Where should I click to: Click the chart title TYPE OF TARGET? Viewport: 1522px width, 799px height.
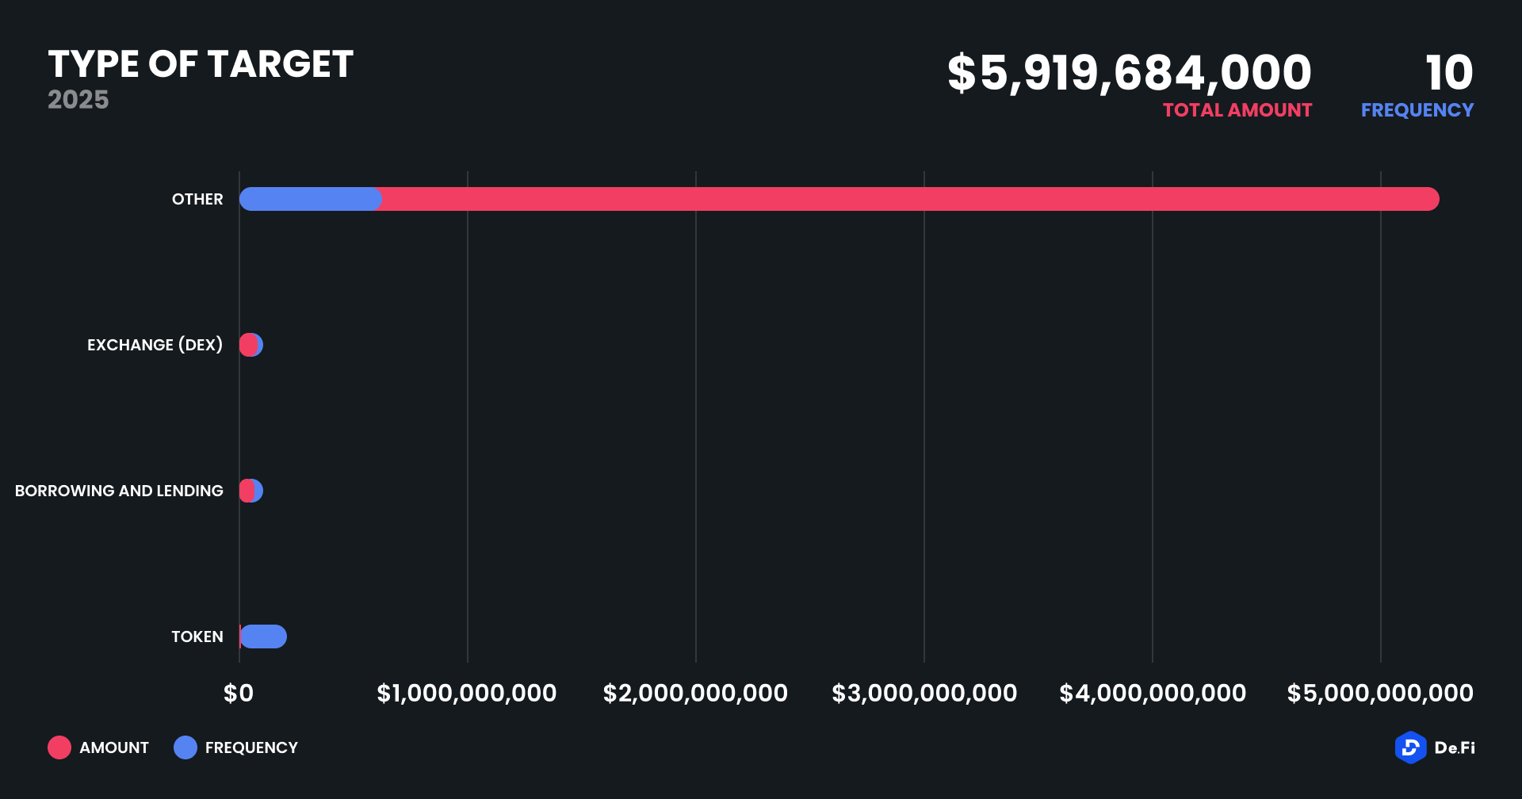tap(201, 65)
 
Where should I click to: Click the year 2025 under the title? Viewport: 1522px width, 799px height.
tap(78, 100)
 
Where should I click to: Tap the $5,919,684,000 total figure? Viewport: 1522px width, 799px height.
tap(1130, 73)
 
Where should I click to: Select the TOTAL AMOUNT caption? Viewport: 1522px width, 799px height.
tap(1237, 110)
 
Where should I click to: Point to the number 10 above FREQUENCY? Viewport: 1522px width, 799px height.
tap(1449, 73)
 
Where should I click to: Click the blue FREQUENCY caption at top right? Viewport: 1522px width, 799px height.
tap(1417, 110)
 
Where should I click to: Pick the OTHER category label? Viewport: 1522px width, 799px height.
tap(197, 199)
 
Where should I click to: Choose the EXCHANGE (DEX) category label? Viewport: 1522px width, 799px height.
tap(155, 345)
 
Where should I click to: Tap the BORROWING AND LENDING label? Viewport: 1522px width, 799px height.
tap(119, 491)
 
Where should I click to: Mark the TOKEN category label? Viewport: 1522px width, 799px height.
tap(197, 637)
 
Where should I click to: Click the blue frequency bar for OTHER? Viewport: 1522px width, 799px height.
tap(310, 199)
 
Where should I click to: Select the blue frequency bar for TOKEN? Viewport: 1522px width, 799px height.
tap(264, 637)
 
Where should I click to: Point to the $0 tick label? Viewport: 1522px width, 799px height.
tap(239, 694)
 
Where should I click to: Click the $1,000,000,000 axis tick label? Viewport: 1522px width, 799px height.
tap(467, 694)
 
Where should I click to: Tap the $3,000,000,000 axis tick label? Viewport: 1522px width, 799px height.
tap(924, 694)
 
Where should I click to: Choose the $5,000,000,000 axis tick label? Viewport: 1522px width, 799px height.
tap(1380, 694)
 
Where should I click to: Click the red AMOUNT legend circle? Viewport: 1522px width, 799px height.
tap(59, 747)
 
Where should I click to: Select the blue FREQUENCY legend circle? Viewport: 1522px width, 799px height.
tap(185, 747)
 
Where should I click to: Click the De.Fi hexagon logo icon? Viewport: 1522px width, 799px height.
tap(1410, 747)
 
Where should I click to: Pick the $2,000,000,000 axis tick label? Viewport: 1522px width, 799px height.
tap(695, 694)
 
